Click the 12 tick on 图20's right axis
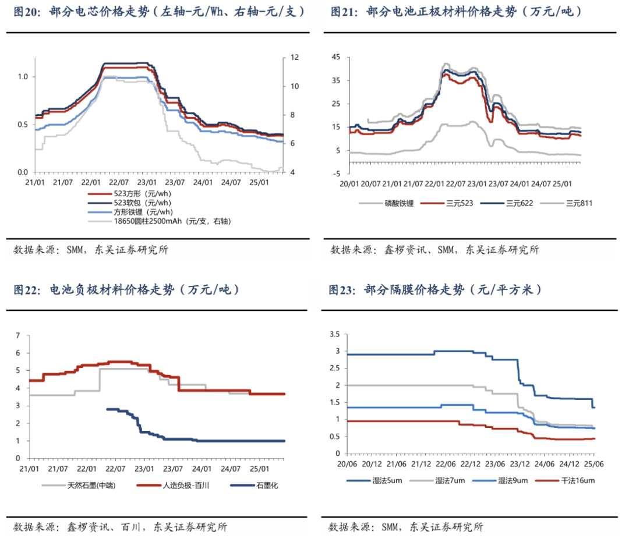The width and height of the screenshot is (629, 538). (295, 58)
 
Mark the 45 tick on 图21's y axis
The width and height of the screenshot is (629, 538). (335, 56)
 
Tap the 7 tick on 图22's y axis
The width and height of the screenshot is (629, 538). (18, 335)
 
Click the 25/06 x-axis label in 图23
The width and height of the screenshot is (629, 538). (594, 464)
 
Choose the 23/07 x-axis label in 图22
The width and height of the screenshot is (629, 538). (172, 469)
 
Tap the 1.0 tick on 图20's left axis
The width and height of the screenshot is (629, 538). (23, 77)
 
